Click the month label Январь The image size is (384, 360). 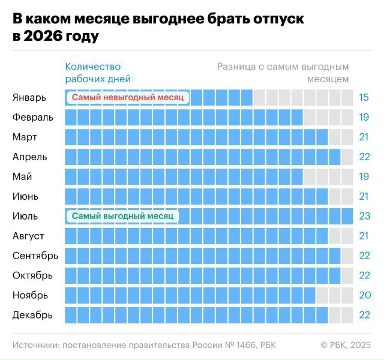pyautogui.click(x=29, y=97)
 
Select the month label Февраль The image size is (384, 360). pyautogui.click(x=33, y=117)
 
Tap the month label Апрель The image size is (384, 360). pyautogui.click(x=30, y=157)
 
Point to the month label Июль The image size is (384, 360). pyautogui.click(x=25, y=216)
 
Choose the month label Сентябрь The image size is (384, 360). pyautogui.click(x=35, y=256)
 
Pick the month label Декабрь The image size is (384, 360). pyautogui.click(x=32, y=315)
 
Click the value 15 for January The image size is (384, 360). pyautogui.click(x=364, y=97)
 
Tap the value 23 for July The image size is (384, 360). pyautogui.click(x=364, y=216)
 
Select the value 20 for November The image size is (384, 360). pyautogui.click(x=364, y=295)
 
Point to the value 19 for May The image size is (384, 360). pyautogui.click(x=364, y=176)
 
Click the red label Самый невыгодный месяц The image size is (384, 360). pyautogui.click(x=127, y=97)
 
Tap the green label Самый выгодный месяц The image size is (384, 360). pyautogui.click(x=122, y=216)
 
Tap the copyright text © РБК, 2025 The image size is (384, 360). pyautogui.click(x=345, y=345)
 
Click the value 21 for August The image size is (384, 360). pyautogui.click(x=364, y=236)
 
